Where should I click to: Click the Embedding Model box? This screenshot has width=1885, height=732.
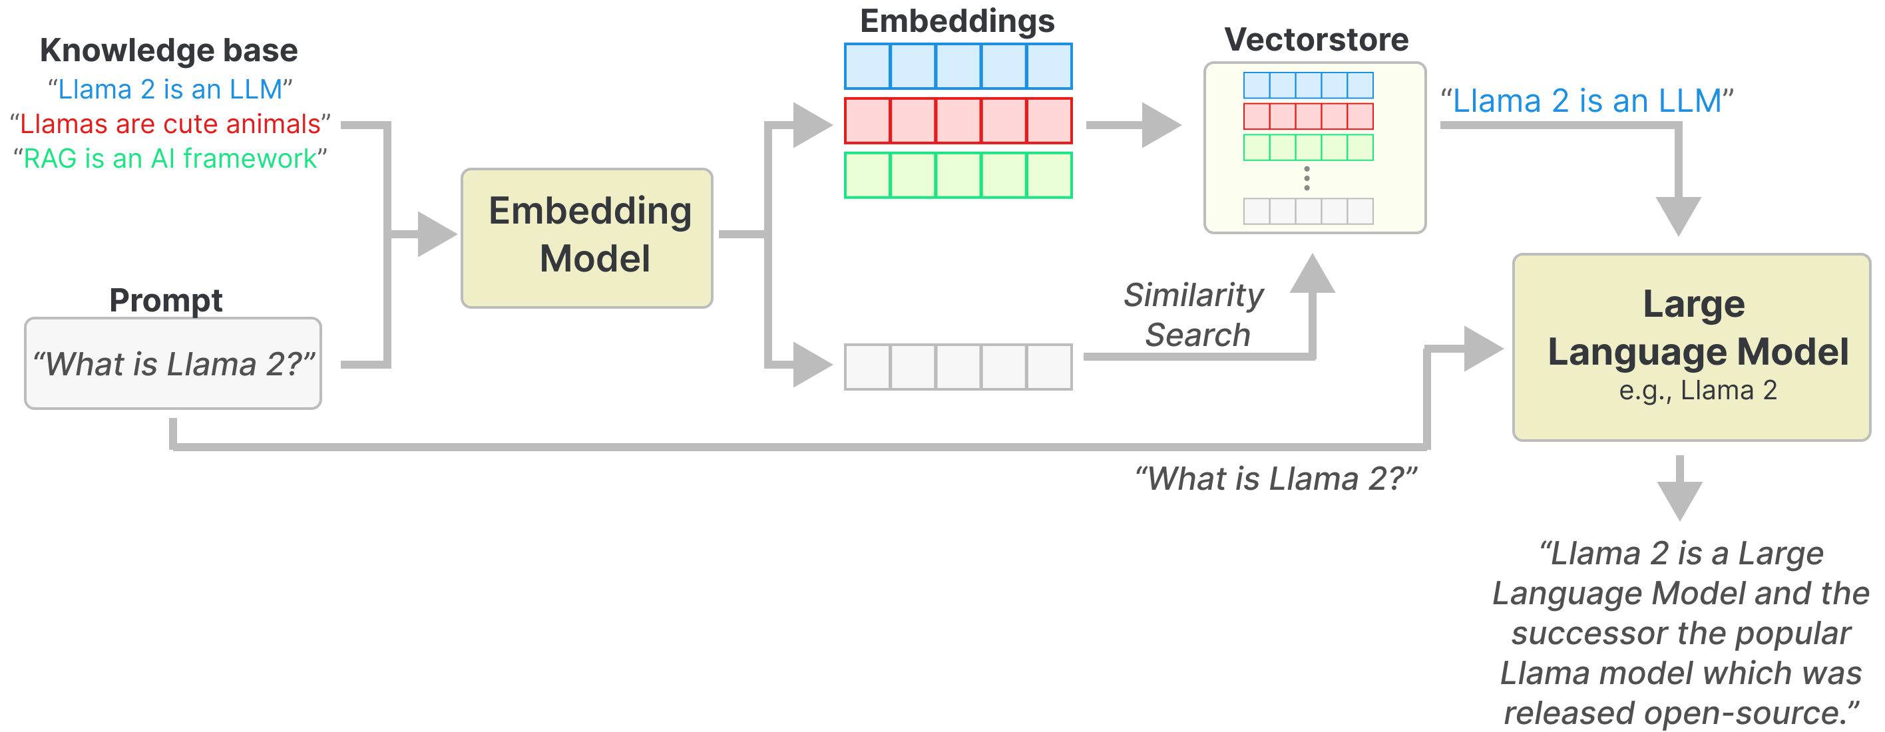[x=587, y=238]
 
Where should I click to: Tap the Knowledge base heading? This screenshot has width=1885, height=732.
[x=169, y=51]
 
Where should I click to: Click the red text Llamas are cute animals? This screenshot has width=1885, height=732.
[x=170, y=124]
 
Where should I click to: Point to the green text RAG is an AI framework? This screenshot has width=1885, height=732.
[x=170, y=158]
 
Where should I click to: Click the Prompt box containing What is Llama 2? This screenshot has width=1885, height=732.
[x=172, y=363]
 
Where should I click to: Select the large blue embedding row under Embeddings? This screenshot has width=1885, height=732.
[x=958, y=66]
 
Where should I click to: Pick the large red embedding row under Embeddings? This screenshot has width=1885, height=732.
[x=958, y=120]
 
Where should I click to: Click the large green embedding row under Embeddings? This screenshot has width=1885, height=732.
[x=958, y=175]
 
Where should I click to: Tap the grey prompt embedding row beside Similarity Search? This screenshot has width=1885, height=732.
[x=958, y=367]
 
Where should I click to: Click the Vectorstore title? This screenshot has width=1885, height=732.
[x=1316, y=39]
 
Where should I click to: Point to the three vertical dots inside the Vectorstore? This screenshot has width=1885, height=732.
[x=1307, y=178]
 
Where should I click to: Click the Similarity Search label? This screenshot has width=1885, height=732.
[x=1195, y=315]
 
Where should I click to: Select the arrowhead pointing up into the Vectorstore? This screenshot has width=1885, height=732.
[x=1313, y=275]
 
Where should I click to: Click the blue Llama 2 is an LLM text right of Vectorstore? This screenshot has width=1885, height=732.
[x=1586, y=101]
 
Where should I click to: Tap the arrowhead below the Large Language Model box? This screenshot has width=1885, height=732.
[x=1679, y=500]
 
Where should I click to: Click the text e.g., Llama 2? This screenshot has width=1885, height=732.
[x=1698, y=391]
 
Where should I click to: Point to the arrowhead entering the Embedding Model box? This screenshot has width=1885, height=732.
[x=436, y=234]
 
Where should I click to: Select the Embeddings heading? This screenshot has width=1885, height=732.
[x=957, y=21]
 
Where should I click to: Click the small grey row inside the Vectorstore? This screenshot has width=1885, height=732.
[x=1309, y=212]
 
